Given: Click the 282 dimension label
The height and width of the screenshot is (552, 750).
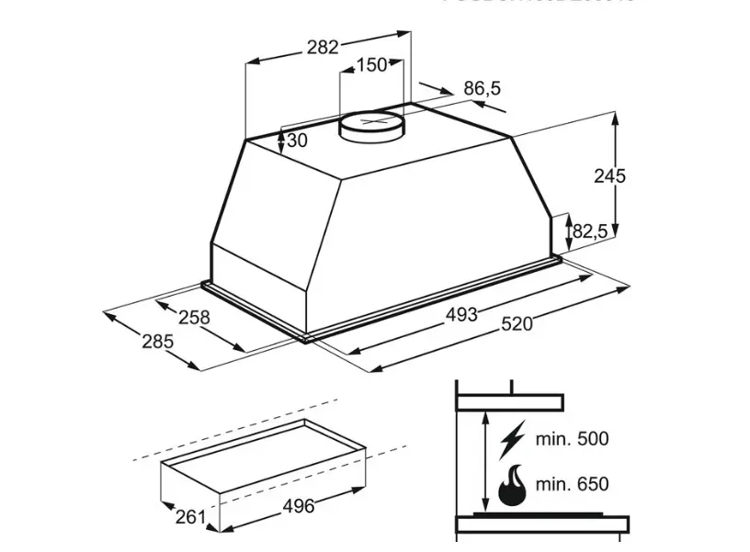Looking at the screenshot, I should tap(323, 47).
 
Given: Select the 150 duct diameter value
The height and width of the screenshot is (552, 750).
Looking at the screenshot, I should tap(371, 65).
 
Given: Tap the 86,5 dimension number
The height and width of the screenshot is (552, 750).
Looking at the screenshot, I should tap(482, 89).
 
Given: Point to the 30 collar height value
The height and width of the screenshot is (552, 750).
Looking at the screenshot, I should tap(297, 141).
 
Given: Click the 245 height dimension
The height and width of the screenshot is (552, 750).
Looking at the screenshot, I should tap(608, 176).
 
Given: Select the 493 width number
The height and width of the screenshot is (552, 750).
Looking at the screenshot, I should tap(461, 314).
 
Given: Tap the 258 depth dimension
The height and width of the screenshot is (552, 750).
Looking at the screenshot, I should tap(194, 318).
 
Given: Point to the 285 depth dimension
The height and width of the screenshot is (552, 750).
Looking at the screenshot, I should tap(157, 342).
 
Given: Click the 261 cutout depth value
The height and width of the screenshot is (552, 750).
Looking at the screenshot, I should tap(190, 517).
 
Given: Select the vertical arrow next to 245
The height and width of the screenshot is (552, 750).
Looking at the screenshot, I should tap(616, 175).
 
